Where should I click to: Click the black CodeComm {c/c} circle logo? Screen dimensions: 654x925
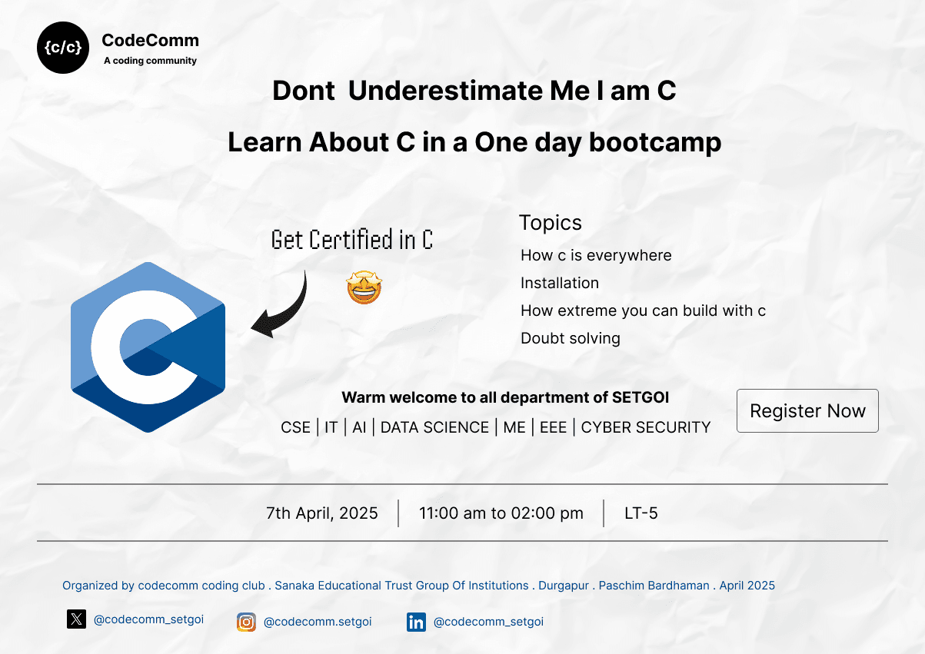click(63, 48)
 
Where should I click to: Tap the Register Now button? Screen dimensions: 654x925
click(807, 411)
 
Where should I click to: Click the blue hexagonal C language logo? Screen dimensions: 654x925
click(148, 347)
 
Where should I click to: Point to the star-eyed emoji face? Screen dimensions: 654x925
click(364, 287)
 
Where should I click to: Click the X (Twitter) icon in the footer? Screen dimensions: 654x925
click(76, 619)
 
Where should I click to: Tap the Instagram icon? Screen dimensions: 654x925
click(246, 622)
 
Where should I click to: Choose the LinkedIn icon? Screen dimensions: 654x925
click(416, 622)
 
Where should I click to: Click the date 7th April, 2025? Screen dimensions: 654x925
click(322, 513)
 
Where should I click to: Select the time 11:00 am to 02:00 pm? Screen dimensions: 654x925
click(501, 513)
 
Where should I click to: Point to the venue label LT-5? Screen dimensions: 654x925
click(641, 513)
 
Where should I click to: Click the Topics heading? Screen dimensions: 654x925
click(550, 223)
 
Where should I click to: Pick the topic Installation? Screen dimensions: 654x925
click(559, 283)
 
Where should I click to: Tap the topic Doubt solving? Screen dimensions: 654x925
click(570, 338)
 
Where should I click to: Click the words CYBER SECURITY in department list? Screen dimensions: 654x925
click(646, 427)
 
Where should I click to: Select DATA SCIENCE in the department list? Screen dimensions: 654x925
click(434, 427)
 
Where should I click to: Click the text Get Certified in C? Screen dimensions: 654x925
click(352, 241)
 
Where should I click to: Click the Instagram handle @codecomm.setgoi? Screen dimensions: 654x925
click(317, 622)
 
